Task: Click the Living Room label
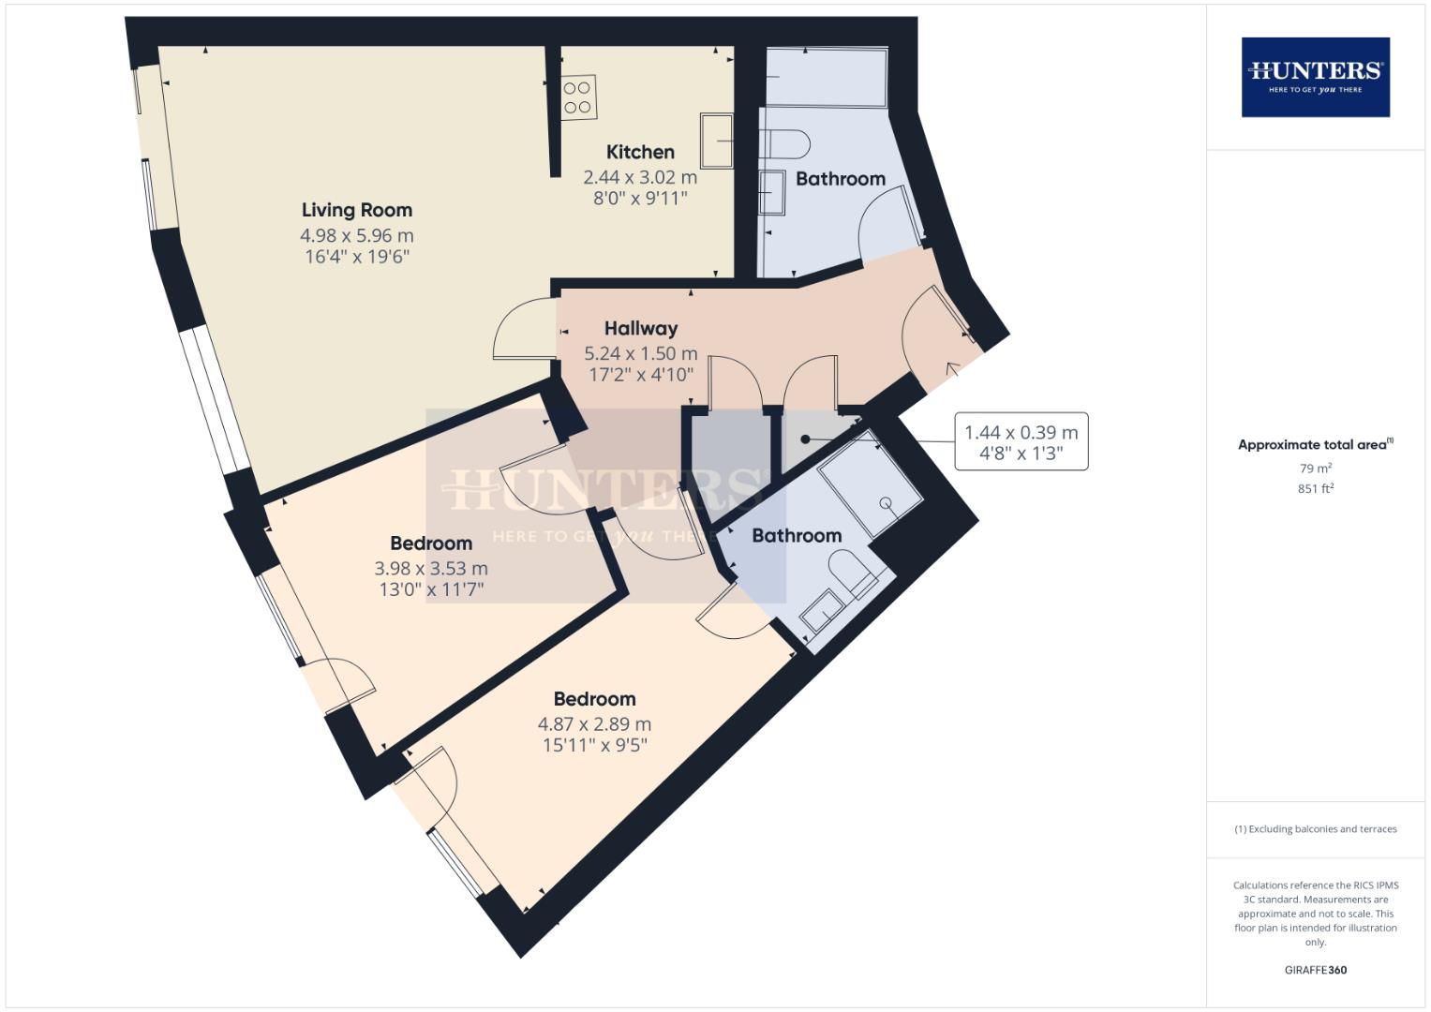356,210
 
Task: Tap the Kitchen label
640,152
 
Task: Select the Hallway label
640,328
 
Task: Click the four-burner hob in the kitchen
577,97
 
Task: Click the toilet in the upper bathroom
788,144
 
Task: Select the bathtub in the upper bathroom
826,77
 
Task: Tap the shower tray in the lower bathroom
871,485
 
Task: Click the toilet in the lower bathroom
854,572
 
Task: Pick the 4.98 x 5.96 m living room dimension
356,235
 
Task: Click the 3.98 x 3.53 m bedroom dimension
431,568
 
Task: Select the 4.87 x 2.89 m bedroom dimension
594,723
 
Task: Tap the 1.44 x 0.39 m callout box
1021,442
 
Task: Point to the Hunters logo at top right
1315,77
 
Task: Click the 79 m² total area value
1315,468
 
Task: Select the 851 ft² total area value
1315,488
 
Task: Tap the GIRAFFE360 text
1315,970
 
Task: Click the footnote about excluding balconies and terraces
1315,829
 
